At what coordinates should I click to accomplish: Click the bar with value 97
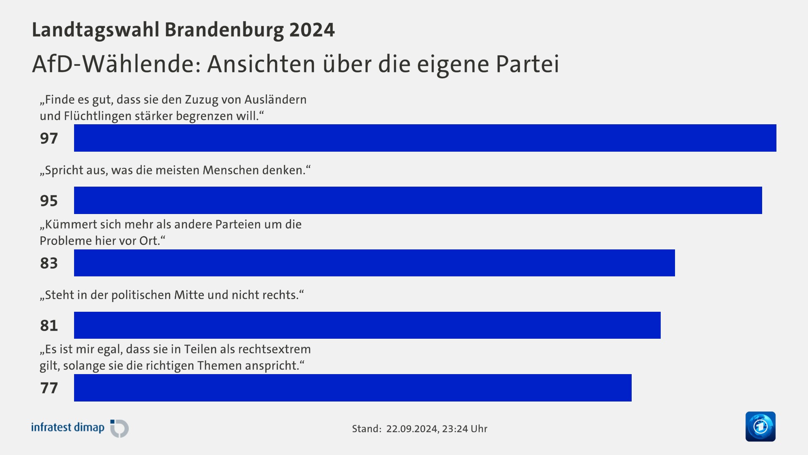425,138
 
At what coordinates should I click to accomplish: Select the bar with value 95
418,200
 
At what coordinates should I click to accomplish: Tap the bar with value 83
375,263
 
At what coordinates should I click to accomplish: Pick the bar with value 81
367,325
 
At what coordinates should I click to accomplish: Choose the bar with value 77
353,388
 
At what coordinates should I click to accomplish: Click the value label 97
49,138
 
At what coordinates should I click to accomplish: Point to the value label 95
49,201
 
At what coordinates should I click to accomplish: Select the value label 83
49,263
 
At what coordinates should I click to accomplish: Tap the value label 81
49,325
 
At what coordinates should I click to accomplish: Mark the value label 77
49,388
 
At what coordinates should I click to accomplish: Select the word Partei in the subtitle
527,64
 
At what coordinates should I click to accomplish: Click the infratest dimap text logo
68,428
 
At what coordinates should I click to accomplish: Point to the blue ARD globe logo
760,426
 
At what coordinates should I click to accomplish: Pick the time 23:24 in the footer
455,429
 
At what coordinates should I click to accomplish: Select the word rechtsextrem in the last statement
274,349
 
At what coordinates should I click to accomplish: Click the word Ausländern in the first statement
275,100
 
